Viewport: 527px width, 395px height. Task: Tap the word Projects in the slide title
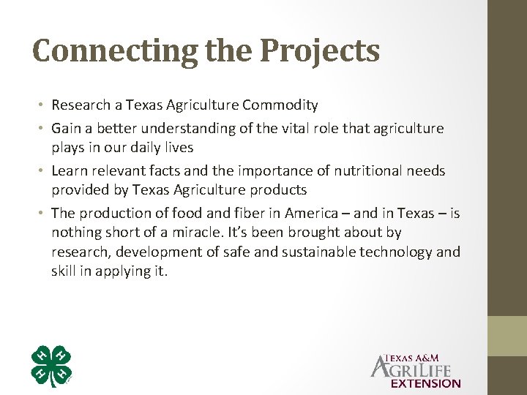click(x=320, y=51)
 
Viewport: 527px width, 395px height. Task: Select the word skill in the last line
click(x=66, y=271)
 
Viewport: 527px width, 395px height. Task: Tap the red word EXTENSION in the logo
click(x=426, y=383)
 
